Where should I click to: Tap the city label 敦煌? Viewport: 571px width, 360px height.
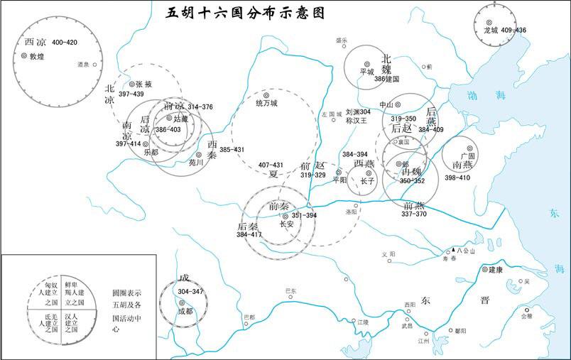[x=37, y=55]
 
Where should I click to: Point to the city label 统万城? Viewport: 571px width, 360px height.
[x=266, y=103]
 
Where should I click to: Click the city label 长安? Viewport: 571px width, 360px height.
[x=286, y=224]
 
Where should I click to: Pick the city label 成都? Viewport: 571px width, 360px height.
[x=185, y=310]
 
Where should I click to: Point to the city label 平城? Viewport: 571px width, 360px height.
[x=366, y=71]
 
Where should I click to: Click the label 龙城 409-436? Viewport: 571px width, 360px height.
[x=505, y=31]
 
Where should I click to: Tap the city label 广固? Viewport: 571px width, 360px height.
[x=467, y=155]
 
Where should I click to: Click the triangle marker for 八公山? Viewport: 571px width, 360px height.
[x=453, y=251]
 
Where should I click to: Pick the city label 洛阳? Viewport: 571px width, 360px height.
[x=352, y=212]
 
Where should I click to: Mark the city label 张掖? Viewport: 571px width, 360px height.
[x=143, y=83]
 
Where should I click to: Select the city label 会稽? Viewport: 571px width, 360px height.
[x=526, y=317]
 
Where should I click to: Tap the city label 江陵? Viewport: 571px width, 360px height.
[x=364, y=322]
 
